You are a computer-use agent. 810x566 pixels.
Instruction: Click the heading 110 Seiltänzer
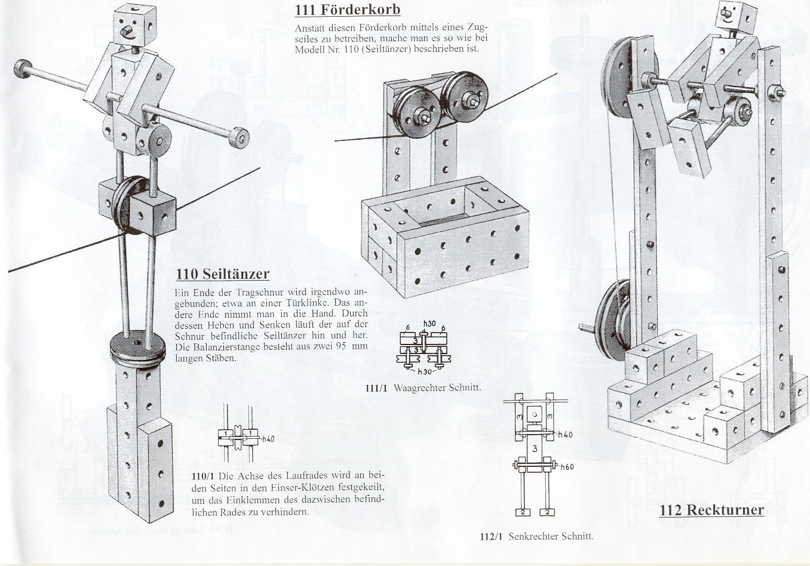click(x=222, y=274)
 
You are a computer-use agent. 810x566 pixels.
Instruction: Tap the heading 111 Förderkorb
click(x=347, y=10)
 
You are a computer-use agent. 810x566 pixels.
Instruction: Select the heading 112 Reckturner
click(x=711, y=510)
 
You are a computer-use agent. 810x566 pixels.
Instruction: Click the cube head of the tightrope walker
click(x=133, y=27)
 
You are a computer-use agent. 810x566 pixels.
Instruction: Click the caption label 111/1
click(x=376, y=388)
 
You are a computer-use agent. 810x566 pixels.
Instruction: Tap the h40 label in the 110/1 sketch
click(x=268, y=439)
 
